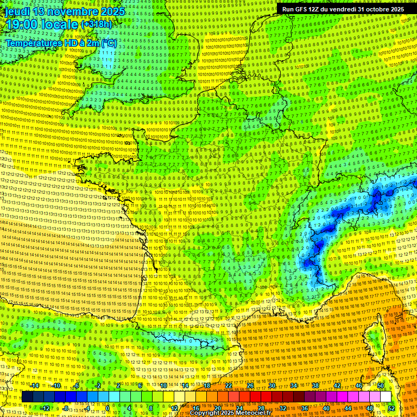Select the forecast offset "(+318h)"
(97, 24)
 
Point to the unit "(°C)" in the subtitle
(109, 42)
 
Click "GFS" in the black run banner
(305, 9)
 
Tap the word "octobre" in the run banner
(373, 9)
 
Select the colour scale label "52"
(391, 408)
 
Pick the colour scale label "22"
(229, 386)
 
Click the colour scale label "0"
(108, 408)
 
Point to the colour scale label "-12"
(45, 408)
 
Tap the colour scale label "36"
(305, 408)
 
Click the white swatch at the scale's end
(386, 397)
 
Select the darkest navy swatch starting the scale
(27, 397)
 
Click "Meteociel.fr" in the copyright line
(258, 413)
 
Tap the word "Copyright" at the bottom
(205, 413)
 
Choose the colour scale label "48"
(370, 408)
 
